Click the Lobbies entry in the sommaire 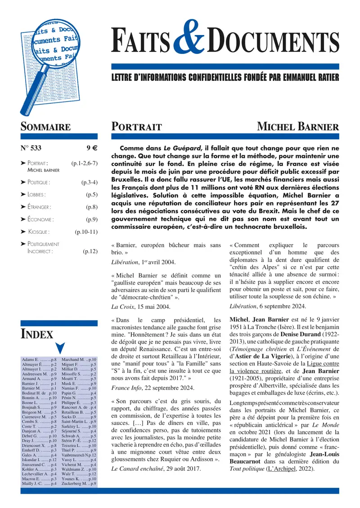pos(36,195)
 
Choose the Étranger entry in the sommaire pos(39,207)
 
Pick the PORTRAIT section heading pos(136,127)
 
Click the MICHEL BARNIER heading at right pos(298,127)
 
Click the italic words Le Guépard pos(179,148)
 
